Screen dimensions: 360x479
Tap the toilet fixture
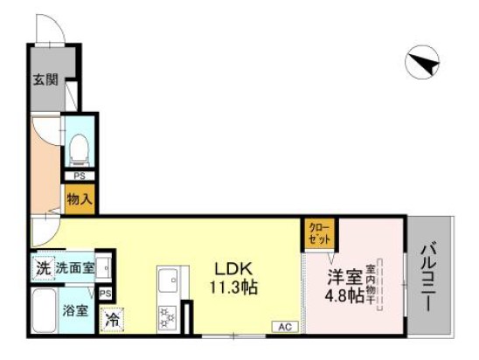click(x=80, y=149)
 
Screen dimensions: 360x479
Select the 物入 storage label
click(x=80, y=199)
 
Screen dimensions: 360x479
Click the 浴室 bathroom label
click(x=73, y=310)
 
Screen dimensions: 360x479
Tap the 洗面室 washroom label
click(x=75, y=268)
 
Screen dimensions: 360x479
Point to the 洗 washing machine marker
click(x=42, y=268)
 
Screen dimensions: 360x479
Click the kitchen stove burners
click(x=167, y=316)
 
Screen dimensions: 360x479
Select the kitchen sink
click(x=167, y=281)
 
